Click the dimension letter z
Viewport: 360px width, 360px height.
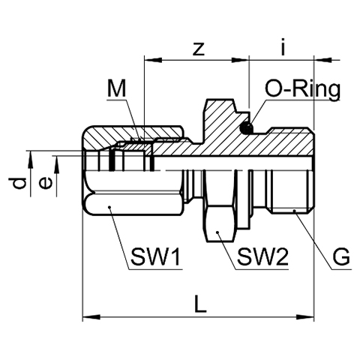(199, 49)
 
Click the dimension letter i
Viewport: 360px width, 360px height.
(283, 46)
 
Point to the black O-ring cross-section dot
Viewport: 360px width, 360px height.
(246, 128)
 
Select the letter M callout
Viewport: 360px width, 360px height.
(116, 88)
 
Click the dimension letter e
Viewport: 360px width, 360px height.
(46, 183)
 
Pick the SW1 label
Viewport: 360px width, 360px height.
(155, 256)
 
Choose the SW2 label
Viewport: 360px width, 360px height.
(262, 256)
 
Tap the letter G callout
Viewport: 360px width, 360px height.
(341, 256)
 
